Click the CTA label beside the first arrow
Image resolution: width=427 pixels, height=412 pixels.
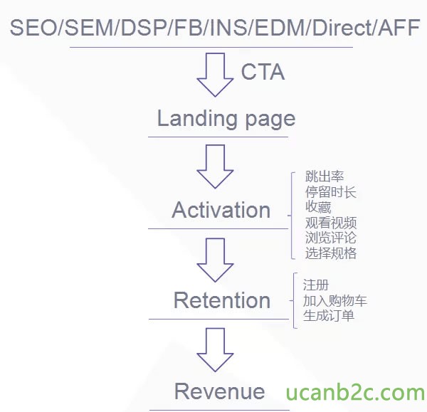click(x=263, y=72)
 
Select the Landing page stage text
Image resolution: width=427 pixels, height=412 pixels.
click(x=226, y=119)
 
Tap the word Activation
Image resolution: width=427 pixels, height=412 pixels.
click(x=221, y=210)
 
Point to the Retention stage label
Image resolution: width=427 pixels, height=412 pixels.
click(x=222, y=300)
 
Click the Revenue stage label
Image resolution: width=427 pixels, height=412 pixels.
click(x=219, y=391)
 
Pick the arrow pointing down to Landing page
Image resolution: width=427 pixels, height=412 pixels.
click(x=215, y=75)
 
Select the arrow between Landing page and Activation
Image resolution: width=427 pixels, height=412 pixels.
click(x=215, y=167)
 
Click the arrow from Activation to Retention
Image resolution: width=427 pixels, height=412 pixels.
click(x=215, y=260)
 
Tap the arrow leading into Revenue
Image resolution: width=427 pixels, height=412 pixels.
click(x=215, y=349)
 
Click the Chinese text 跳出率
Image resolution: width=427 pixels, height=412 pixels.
click(x=325, y=176)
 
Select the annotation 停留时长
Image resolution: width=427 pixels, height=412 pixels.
click(x=331, y=192)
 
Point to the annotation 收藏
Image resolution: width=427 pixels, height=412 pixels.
click(x=318, y=207)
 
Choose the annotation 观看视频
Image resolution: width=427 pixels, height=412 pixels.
click(x=331, y=223)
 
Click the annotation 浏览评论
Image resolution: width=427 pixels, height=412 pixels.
click(x=331, y=238)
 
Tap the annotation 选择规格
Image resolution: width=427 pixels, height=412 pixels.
click(x=331, y=253)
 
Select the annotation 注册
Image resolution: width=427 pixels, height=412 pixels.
click(x=316, y=285)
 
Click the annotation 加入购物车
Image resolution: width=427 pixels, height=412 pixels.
click(x=335, y=301)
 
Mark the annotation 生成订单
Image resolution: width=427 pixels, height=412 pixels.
click(x=328, y=316)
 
